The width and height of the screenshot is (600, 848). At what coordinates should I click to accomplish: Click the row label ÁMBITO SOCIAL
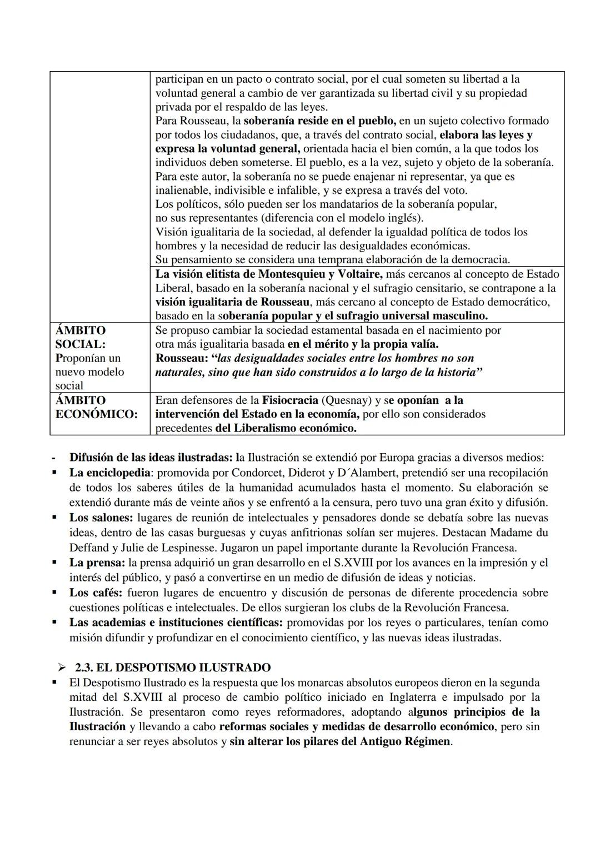click(x=81, y=337)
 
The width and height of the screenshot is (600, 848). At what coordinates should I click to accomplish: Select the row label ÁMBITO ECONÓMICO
click(x=96, y=407)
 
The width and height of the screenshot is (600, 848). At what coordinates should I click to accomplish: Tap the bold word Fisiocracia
click(x=291, y=400)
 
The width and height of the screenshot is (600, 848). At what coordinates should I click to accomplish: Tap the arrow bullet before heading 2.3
click(x=62, y=668)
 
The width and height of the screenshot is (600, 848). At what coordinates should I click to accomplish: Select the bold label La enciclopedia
click(x=109, y=473)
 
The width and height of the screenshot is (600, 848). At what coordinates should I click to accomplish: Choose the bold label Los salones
click(x=101, y=518)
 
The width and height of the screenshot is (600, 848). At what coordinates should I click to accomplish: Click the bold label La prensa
click(x=97, y=563)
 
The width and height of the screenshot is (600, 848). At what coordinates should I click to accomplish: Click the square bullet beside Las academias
click(x=54, y=623)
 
